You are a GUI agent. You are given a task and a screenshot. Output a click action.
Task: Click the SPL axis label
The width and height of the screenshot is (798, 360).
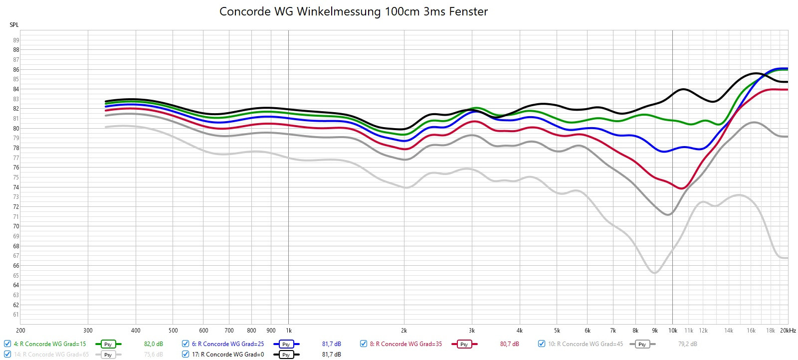pos(14,25)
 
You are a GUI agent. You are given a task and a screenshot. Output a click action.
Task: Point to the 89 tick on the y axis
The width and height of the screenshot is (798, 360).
pos(16,40)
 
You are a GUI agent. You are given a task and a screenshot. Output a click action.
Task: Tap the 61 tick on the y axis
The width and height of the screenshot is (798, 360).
pos(16,315)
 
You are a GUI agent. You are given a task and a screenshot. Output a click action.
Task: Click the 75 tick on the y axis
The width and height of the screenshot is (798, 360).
pos(16,178)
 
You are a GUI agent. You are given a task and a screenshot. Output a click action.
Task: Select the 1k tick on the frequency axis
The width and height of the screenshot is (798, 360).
pos(288,331)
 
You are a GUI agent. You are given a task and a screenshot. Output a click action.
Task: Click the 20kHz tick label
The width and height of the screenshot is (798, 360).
pos(788,331)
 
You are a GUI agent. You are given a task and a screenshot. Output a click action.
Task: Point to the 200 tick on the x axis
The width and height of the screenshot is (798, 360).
pos(20,331)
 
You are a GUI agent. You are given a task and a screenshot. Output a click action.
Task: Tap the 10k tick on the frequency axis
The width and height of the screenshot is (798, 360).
pos(672,331)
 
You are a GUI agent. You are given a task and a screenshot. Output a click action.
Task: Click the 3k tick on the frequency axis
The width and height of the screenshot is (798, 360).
pos(472,331)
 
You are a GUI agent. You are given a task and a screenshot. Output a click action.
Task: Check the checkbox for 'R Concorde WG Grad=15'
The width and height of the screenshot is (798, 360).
pos(7,344)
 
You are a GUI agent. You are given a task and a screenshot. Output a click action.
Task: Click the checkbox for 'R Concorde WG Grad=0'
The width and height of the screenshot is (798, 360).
pos(186,354)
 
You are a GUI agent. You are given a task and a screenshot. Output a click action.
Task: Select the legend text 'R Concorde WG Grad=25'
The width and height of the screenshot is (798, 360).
pos(231,344)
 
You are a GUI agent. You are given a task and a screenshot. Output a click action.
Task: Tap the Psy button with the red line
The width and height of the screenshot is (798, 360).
pos(464,344)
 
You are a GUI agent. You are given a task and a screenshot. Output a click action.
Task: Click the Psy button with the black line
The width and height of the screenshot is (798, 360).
pos(286,355)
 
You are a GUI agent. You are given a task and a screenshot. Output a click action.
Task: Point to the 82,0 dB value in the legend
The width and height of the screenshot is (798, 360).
pos(154,344)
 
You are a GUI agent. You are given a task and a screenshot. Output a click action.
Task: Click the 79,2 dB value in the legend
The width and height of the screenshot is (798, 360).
pos(688,344)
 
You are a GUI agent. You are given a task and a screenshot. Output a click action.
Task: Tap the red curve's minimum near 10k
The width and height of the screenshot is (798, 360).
pos(683,188)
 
